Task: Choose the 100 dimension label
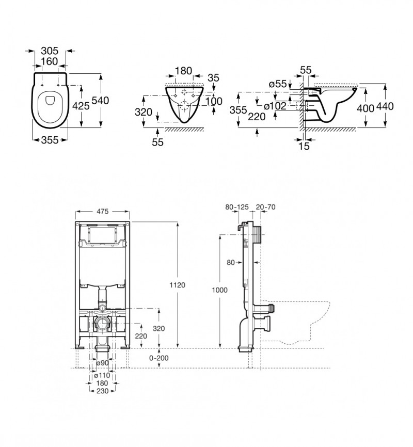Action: (x=214, y=101)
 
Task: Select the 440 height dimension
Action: (x=385, y=106)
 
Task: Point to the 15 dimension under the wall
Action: (x=304, y=147)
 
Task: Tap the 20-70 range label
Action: (x=265, y=207)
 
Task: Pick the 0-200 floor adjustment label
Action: (x=158, y=358)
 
